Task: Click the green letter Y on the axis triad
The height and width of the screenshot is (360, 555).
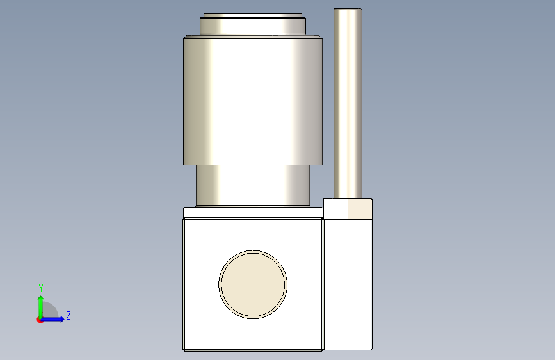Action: (x=41, y=288)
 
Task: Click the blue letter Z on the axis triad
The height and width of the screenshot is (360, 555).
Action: (x=68, y=315)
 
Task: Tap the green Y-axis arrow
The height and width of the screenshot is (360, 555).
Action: (x=41, y=307)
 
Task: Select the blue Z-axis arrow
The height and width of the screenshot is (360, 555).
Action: (x=52, y=319)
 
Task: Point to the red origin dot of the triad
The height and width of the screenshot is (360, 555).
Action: (x=40, y=320)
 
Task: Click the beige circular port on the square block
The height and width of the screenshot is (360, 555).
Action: (x=253, y=284)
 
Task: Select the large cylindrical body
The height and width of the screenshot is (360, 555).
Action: (x=253, y=101)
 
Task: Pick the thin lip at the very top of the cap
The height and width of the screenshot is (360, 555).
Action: (x=253, y=15)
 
